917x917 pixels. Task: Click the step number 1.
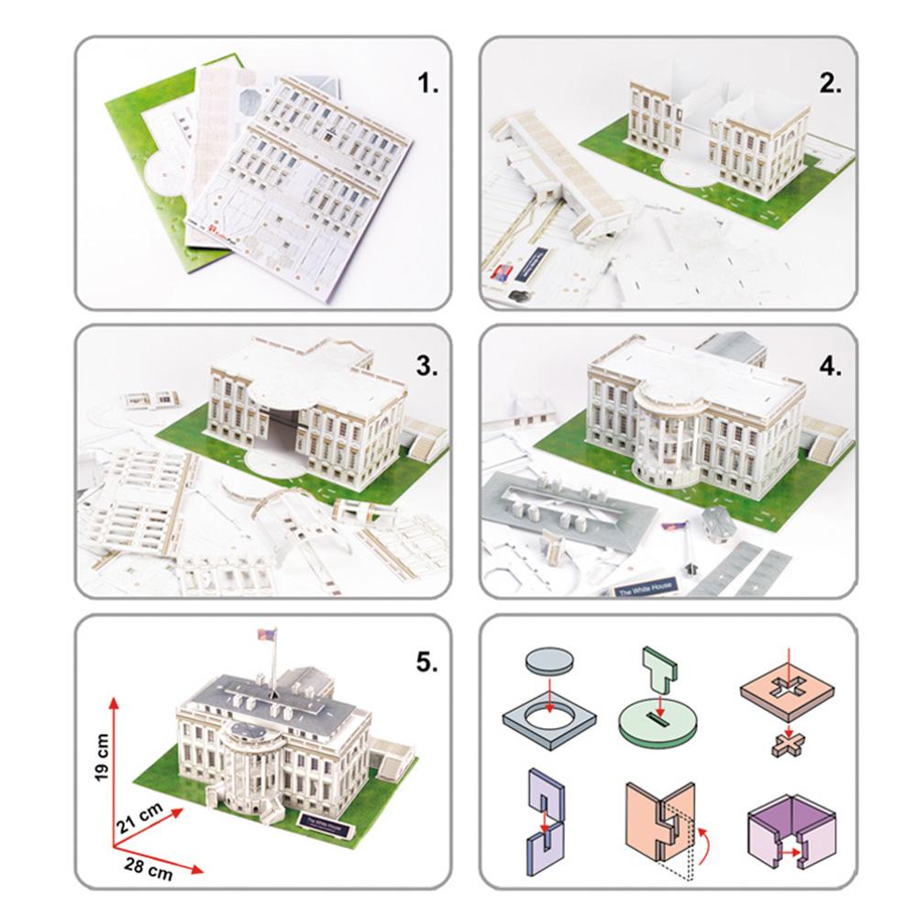click(429, 84)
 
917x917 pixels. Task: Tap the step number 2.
click(831, 84)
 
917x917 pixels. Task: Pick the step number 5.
click(427, 663)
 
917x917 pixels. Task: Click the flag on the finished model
click(268, 635)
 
